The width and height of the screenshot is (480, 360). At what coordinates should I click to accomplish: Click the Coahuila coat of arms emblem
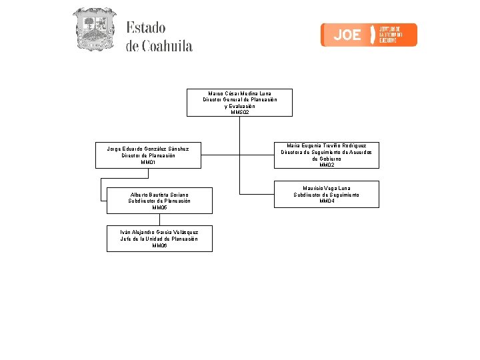click(x=94, y=29)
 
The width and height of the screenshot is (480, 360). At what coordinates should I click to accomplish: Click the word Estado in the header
click(x=145, y=28)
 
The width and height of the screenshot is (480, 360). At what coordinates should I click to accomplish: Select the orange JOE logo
click(x=369, y=35)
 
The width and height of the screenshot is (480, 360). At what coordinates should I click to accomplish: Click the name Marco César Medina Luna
click(x=239, y=93)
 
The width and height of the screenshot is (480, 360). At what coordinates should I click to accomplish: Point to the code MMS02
click(x=239, y=113)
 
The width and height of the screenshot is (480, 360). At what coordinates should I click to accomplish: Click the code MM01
click(x=148, y=163)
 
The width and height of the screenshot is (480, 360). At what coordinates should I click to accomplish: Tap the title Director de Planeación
click(x=148, y=155)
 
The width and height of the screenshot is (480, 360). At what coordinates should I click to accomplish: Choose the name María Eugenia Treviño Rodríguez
click(x=326, y=145)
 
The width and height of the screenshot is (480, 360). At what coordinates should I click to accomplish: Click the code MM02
click(x=326, y=165)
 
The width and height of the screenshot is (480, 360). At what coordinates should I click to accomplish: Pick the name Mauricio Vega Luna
click(x=326, y=188)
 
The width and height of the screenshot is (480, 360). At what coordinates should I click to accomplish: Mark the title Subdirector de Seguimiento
click(x=326, y=195)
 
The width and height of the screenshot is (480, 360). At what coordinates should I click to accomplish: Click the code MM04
click(x=326, y=201)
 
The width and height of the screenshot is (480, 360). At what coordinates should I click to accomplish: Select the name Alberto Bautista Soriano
click(x=159, y=194)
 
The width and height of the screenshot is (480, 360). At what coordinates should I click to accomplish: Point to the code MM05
click(x=159, y=207)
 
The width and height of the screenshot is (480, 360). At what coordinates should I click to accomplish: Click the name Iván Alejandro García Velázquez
click(x=159, y=232)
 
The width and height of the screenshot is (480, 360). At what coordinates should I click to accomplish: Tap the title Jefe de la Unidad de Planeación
click(x=159, y=239)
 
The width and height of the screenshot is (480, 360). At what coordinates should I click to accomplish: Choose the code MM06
click(x=159, y=245)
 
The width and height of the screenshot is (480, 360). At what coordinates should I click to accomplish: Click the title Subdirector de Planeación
click(x=159, y=201)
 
